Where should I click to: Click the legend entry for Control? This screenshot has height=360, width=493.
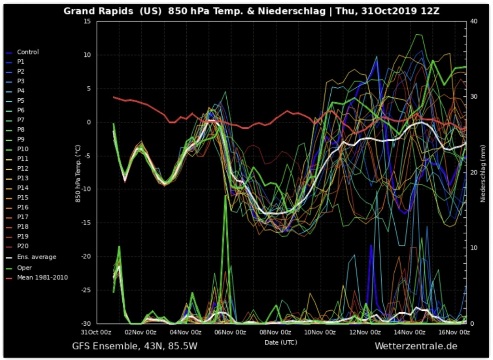tap(27, 52)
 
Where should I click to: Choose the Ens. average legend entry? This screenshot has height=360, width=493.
tap(37, 257)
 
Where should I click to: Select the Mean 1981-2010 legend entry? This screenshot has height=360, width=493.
tap(42, 277)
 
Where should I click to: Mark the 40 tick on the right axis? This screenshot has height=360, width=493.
tap(474, 22)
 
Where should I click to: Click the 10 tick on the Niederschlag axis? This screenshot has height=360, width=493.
tap(474, 248)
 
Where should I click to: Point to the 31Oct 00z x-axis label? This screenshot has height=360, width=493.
tap(96, 332)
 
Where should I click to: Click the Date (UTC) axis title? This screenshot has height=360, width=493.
tap(281, 342)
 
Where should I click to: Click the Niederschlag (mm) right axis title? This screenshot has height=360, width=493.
tap(483, 173)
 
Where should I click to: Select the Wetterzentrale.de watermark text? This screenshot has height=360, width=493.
tap(415, 346)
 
